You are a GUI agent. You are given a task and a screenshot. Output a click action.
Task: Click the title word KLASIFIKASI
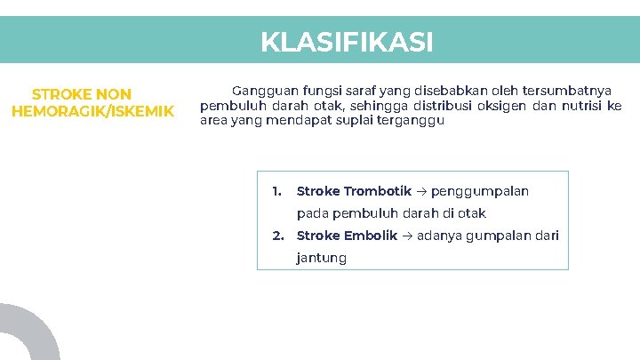point(347,42)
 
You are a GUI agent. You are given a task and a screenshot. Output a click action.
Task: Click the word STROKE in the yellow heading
point(58,94)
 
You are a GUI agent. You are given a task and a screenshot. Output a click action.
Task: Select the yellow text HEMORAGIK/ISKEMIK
point(92,111)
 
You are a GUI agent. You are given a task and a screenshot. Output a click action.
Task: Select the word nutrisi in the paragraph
point(581,106)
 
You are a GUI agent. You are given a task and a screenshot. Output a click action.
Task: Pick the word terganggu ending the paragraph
point(414,121)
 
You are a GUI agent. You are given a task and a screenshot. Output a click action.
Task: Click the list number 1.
point(276,191)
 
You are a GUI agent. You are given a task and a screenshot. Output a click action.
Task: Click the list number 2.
point(277,236)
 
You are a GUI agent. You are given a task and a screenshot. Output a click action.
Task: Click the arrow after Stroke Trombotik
point(421,192)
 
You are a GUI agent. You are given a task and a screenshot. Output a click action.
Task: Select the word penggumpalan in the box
point(480,191)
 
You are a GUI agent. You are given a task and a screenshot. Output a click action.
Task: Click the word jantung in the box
point(321,259)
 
